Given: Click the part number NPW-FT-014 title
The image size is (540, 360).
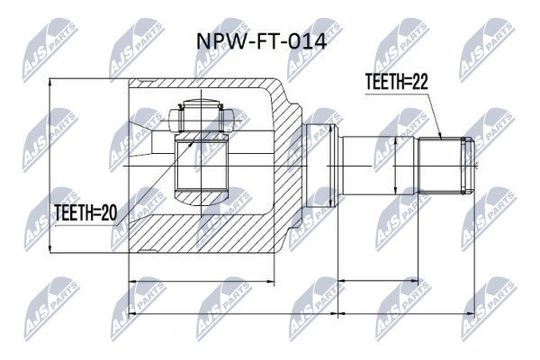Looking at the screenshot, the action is click(x=261, y=42).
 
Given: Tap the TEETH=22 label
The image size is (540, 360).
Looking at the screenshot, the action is click(x=396, y=82).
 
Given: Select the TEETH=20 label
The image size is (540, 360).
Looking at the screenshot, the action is click(x=85, y=212).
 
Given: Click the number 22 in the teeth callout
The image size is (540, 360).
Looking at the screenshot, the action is click(x=419, y=82).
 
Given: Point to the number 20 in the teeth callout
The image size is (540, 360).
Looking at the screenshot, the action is click(x=109, y=212).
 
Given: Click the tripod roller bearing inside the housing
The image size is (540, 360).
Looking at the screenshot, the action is click(x=202, y=116).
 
